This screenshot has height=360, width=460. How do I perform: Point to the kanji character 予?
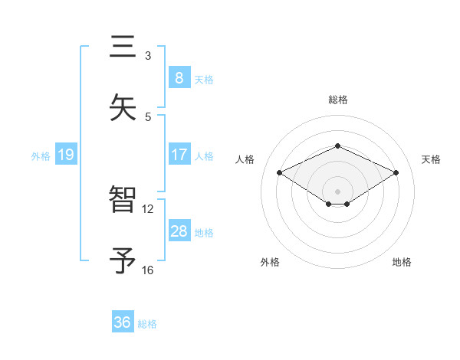pyautogui.click(x=123, y=260)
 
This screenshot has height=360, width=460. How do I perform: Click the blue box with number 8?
pyautogui.click(x=179, y=78)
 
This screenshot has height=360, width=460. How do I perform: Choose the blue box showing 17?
pyautogui.click(x=179, y=155)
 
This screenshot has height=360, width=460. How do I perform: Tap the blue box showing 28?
pyautogui.click(x=179, y=231)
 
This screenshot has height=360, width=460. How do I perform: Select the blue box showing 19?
pyautogui.click(x=65, y=155)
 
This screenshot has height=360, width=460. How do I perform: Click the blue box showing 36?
pyautogui.click(x=123, y=322)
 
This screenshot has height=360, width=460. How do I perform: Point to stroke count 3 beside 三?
pyautogui.click(x=148, y=55)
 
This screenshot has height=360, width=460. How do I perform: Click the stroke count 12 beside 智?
pyautogui.click(x=148, y=208)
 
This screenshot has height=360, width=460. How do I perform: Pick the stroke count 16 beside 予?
pyautogui.click(x=148, y=270)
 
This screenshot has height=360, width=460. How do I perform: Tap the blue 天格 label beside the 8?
pyautogui.click(x=204, y=79)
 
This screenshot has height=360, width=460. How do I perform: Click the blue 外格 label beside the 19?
pyautogui.click(x=41, y=155)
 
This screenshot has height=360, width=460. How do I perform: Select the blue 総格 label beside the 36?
pyautogui.click(x=147, y=323)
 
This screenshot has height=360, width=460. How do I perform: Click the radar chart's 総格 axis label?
pyautogui.click(x=338, y=100)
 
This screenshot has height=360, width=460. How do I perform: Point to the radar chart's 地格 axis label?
pyautogui.click(x=402, y=262)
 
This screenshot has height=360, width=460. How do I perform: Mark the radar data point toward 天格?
pyautogui.click(x=396, y=173)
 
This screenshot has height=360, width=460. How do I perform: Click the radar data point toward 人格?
pyautogui.click(x=280, y=173)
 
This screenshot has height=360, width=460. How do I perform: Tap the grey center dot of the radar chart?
pyautogui.click(x=338, y=190)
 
